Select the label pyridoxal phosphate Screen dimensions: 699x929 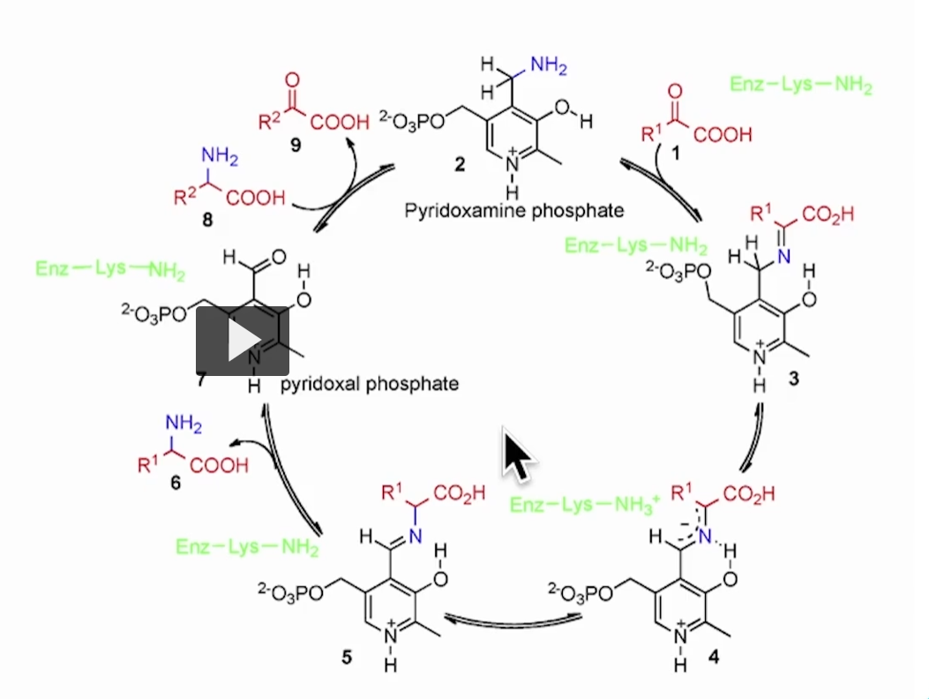369,384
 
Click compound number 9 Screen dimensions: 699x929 296,147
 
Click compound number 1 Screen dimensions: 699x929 677,153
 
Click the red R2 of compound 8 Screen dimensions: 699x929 186,198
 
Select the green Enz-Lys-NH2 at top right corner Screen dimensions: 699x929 801,86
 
